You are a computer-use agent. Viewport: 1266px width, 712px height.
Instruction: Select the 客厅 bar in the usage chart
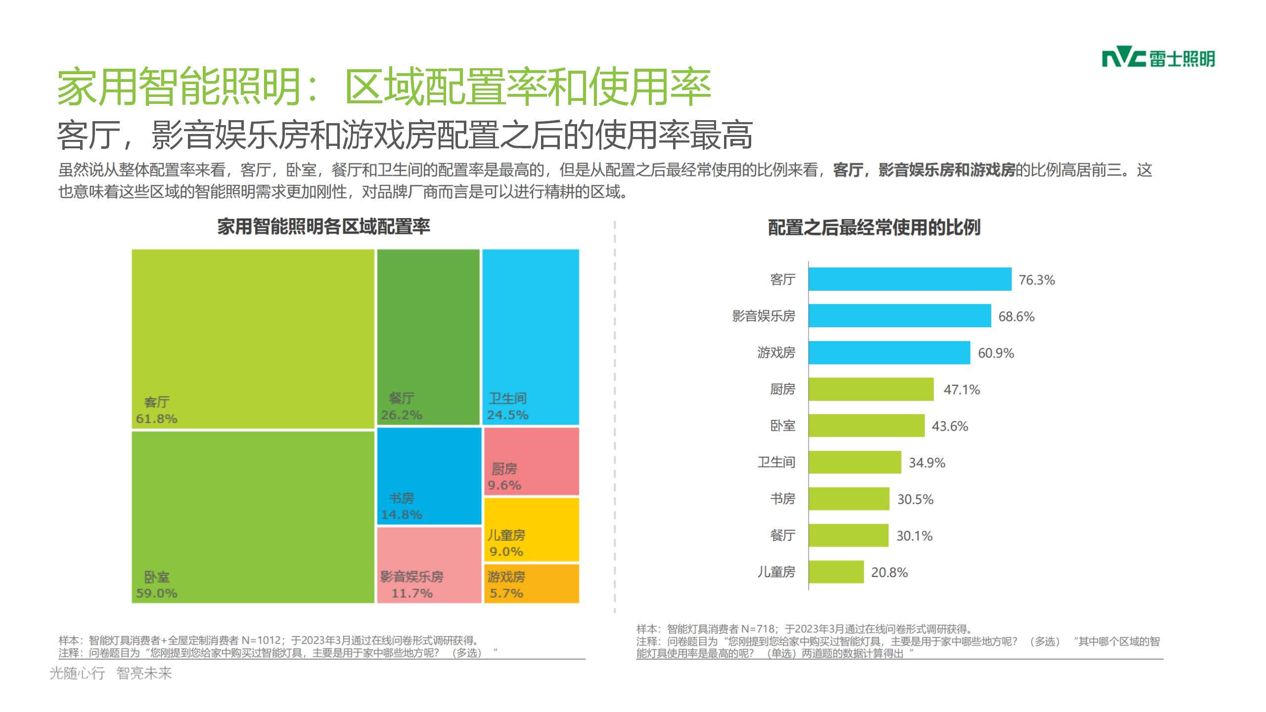coord(910,279)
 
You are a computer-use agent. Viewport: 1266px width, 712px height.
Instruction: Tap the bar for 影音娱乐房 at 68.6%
coord(900,316)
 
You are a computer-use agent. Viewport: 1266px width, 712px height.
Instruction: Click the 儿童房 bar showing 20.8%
coord(836,572)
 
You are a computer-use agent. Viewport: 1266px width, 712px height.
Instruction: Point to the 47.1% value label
coord(961,390)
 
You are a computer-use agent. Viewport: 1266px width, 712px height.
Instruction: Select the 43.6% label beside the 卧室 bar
coord(949,426)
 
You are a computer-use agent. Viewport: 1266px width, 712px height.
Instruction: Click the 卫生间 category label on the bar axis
coord(776,462)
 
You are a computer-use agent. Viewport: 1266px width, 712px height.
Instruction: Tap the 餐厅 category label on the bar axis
coord(782,535)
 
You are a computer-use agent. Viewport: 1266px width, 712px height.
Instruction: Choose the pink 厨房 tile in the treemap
coord(531,461)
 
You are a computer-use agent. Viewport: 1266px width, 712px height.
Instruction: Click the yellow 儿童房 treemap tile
coord(531,530)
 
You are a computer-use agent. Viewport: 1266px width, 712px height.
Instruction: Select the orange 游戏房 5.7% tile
coord(531,584)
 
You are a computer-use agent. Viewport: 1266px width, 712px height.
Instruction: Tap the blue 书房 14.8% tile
coord(429,476)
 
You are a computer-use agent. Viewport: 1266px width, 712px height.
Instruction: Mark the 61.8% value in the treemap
coord(157,419)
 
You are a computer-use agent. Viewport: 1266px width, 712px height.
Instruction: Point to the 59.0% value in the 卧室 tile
coord(157,593)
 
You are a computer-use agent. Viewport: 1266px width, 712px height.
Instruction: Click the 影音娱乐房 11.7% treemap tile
coord(429,565)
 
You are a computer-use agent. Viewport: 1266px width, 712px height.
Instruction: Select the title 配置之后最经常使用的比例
coord(874,228)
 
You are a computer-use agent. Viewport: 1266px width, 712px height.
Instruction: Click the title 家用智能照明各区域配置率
coord(324,227)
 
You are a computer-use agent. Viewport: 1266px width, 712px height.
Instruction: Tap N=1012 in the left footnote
coord(261,641)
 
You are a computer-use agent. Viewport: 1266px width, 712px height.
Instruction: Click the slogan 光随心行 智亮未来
coord(111,673)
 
